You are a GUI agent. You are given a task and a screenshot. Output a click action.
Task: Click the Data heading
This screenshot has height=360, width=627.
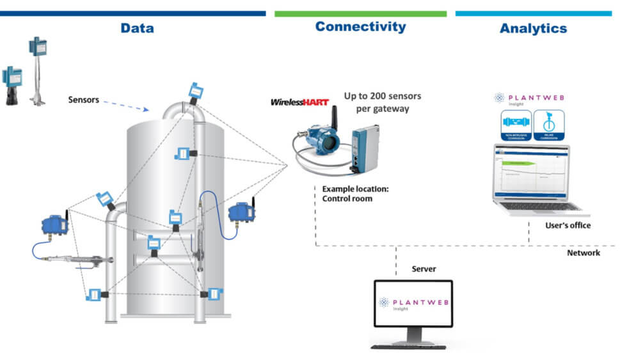click(137, 28)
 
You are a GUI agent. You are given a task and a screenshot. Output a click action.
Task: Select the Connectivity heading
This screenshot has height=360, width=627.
click(360, 27)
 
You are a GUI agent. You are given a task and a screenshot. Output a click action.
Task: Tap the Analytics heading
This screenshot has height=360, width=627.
click(533, 28)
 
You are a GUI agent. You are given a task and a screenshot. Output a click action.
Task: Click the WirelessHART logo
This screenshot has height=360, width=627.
click(299, 102)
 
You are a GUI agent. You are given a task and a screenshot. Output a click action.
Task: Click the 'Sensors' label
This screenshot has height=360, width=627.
click(84, 100)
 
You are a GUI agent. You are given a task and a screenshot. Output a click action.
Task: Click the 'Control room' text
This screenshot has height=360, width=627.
click(346, 199)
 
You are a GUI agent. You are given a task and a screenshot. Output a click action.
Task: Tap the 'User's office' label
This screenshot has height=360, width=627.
click(567, 225)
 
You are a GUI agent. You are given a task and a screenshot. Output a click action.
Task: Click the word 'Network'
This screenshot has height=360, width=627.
click(583, 253)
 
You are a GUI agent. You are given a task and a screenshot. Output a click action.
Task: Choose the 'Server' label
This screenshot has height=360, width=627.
click(424, 269)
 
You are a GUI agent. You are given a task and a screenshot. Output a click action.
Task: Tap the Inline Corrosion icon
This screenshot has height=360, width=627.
click(550, 124)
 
